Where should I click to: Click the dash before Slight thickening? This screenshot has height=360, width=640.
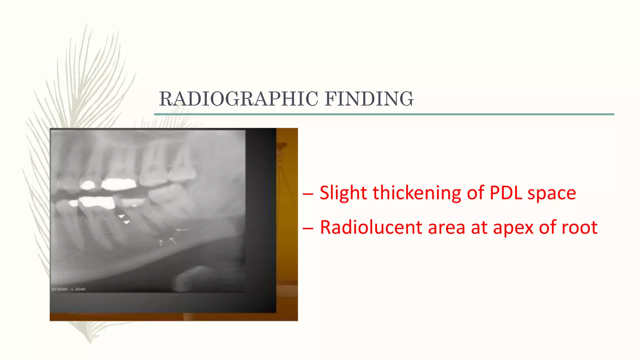[308, 194]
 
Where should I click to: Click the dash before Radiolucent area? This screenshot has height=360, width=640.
[308, 228]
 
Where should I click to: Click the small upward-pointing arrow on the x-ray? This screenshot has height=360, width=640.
[161, 242]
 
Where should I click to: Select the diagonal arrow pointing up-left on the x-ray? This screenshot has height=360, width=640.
[173, 241]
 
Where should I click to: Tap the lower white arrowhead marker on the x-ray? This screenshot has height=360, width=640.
[127, 222]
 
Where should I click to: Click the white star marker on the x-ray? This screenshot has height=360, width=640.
[134, 206]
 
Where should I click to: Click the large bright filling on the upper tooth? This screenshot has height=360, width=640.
[119, 184]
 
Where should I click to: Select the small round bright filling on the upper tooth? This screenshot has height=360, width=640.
[88, 185]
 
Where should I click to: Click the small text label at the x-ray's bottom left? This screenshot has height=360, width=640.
[68, 289]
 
